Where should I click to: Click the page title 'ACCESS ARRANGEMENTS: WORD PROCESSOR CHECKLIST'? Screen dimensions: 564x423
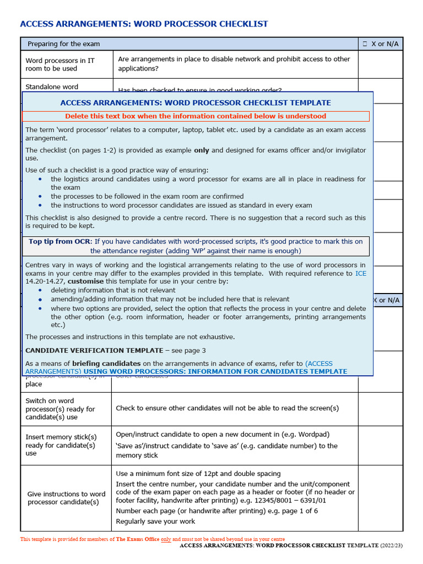point(144,24)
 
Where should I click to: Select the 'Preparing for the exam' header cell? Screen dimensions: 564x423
point(64,44)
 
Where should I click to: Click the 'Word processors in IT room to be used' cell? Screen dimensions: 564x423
point(60,64)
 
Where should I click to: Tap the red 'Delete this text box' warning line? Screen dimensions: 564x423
point(196,116)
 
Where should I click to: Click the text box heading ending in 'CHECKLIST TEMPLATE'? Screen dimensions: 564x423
point(196,103)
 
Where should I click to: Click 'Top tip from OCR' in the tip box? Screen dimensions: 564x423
point(60,242)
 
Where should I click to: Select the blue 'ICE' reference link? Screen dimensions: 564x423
point(360,273)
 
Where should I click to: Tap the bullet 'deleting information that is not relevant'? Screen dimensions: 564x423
point(113,290)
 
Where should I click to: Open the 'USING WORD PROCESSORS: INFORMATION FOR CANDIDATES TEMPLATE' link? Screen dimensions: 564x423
point(215,372)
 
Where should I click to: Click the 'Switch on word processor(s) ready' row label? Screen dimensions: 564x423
point(60,409)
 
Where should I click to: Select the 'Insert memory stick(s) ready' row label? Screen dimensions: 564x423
point(61,445)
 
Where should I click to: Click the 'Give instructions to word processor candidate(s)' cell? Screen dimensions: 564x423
point(66,498)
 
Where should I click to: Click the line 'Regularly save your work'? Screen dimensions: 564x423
point(155,521)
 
